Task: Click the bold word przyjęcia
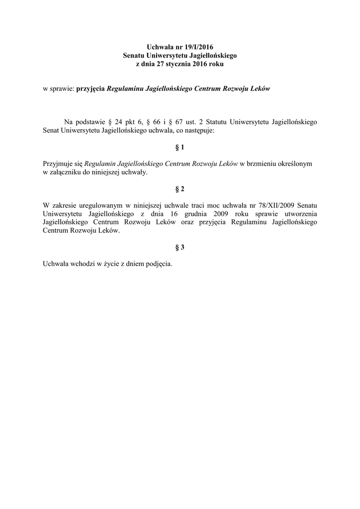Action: [x=90, y=89]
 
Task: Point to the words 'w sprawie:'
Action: [x=59, y=89]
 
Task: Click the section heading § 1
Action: [x=180, y=148]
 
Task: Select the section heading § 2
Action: [x=180, y=189]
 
